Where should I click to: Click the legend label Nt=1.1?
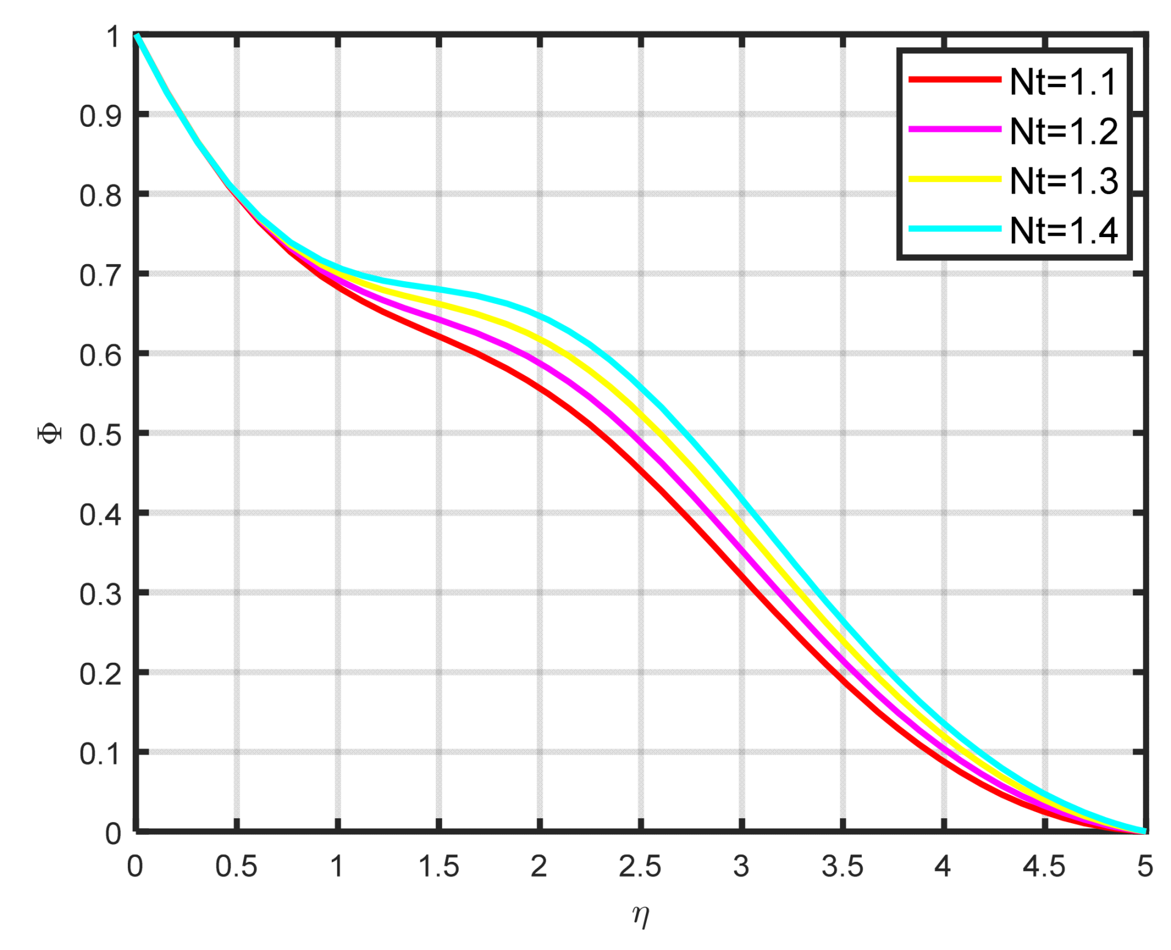click(1063, 81)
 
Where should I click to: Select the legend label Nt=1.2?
click(1063, 131)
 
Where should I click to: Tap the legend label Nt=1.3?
click(1063, 181)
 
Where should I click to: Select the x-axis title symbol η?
click(640, 915)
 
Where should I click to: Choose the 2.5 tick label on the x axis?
click(640, 866)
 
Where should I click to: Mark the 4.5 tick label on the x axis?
click(1044, 866)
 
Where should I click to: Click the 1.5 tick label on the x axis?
click(438, 866)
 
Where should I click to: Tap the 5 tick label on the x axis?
click(1145, 866)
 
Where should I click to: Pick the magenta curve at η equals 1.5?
click(438, 320)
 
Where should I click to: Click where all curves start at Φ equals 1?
click(137, 36)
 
